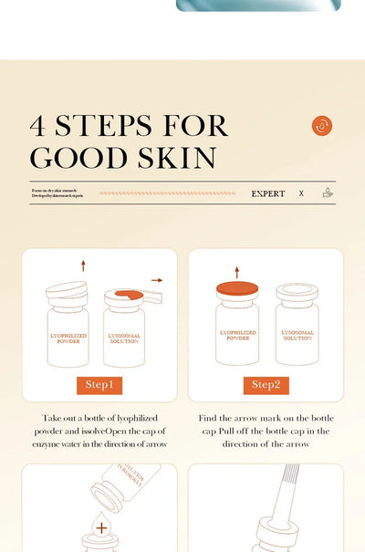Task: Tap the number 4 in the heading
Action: [40, 126]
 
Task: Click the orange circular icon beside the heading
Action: [321, 126]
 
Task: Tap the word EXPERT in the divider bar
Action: [268, 193]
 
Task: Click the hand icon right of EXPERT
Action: [328, 193]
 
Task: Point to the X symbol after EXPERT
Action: [301, 193]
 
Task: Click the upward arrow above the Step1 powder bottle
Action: [83, 266]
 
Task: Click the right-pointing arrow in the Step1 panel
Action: [157, 280]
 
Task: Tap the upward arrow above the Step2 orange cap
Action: [237, 272]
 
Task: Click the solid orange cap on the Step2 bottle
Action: [237, 289]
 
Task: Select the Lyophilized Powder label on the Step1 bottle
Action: [68, 337]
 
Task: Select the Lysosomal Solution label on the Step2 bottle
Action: [297, 336]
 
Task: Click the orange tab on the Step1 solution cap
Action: [129, 294]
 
